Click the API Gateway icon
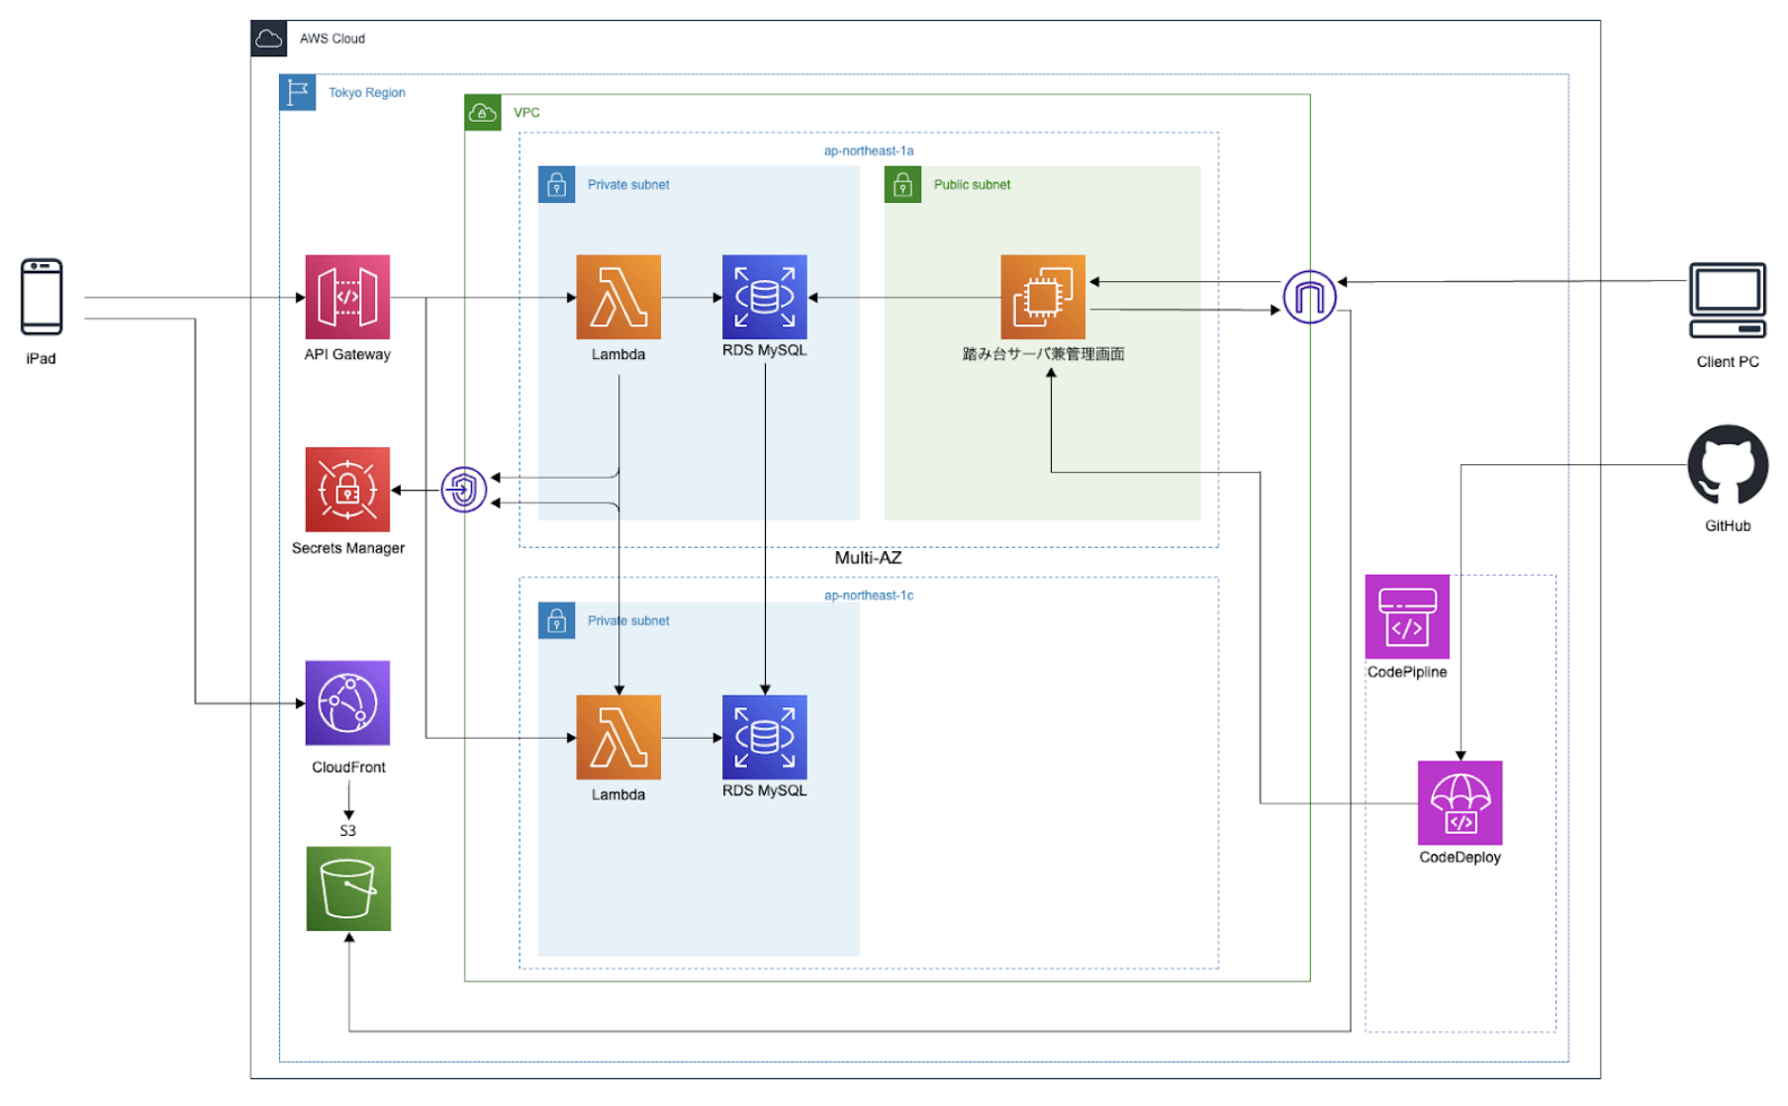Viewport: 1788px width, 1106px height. coord(347,297)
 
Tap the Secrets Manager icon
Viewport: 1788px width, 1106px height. coord(347,490)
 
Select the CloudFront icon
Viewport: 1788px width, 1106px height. coord(347,702)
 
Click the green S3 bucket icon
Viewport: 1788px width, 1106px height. coord(348,888)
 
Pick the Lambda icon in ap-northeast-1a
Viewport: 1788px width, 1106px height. coord(618,297)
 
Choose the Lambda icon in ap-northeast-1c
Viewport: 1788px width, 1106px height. coord(618,737)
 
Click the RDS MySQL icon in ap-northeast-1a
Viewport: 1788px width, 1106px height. coord(764,297)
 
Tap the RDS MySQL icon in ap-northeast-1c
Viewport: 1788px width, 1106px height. coord(764,737)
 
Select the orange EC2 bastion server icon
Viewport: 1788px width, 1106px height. coord(1043,297)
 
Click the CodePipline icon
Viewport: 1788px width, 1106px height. coord(1407,616)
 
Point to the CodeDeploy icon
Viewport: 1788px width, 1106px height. coord(1459,802)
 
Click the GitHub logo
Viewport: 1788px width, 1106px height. coord(1728,465)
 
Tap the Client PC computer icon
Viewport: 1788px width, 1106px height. coord(1728,301)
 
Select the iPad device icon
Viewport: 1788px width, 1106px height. coord(42,297)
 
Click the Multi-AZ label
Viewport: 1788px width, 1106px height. coord(868,558)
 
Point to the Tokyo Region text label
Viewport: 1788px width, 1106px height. coord(366,93)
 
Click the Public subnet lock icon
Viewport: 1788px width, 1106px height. coord(902,185)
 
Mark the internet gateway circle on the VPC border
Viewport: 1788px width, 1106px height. coord(1309,297)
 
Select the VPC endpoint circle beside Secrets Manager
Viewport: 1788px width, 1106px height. coord(463,490)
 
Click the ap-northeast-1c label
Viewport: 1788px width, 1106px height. coord(869,596)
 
